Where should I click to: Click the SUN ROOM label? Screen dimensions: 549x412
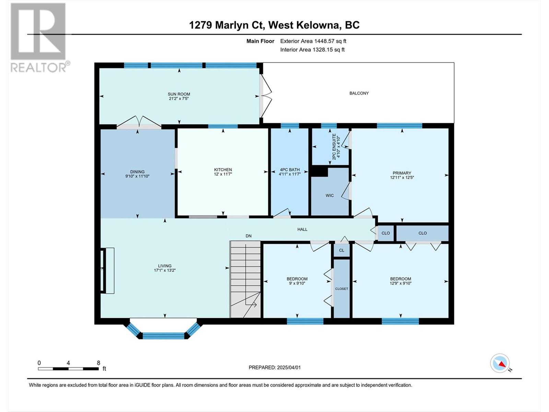point(179,94)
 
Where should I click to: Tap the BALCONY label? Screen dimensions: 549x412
point(359,93)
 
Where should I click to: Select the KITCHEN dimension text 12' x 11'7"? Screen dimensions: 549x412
point(223,174)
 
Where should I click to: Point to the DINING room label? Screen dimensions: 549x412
point(137,172)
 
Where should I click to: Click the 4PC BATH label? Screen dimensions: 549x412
point(290,170)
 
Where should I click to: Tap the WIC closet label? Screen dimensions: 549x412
point(330,195)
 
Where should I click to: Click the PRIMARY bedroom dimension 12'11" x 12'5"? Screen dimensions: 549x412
point(402,178)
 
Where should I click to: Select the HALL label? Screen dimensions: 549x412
point(302,229)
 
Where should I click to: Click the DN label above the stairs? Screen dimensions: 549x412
point(248,236)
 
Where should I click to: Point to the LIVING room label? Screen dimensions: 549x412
point(165,266)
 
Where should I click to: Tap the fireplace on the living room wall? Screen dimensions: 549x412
point(107,271)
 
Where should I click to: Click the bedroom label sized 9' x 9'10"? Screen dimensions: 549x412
point(297,279)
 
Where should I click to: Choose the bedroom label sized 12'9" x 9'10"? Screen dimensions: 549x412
point(400,279)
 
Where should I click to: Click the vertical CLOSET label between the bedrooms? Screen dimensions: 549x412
point(341,289)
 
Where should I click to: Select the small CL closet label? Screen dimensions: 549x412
point(341,250)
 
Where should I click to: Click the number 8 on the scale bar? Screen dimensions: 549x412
point(98,363)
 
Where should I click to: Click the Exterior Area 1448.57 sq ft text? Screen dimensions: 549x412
point(313,41)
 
